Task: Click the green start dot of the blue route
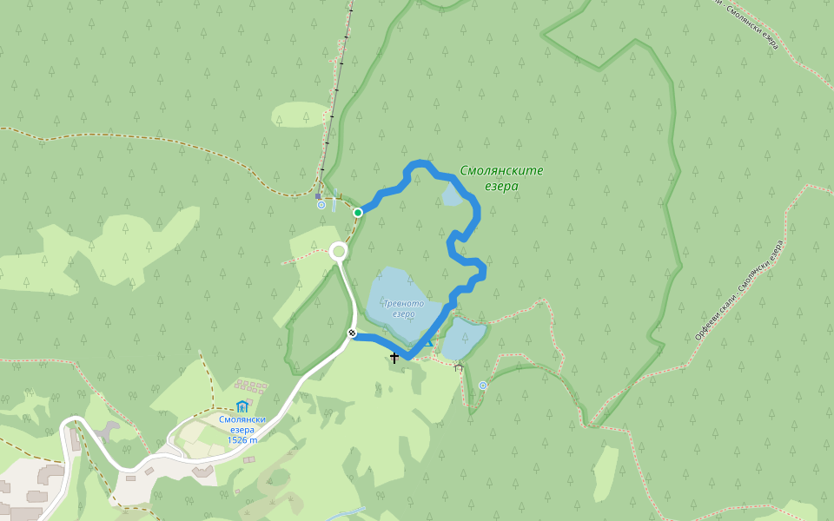(x=357, y=212)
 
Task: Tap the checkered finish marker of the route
(x=352, y=333)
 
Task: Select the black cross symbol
(x=394, y=357)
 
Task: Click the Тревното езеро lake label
(x=404, y=309)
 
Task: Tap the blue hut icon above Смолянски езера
(x=242, y=406)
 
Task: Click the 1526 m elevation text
(x=242, y=440)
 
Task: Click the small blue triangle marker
(x=427, y=344)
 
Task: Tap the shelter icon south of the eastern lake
(x=459, y=368)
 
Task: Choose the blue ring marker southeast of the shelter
(x=483, y=385)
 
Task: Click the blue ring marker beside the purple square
(x=321, y=206)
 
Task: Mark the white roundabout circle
(x=339, y=252)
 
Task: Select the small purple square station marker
(x=319, y=196)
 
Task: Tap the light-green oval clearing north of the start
(x=301, y=115)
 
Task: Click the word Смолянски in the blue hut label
(x=242, y=419)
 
